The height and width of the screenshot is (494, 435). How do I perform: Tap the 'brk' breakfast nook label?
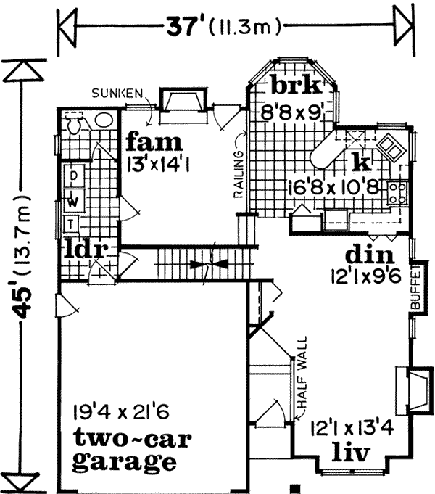point(296,86)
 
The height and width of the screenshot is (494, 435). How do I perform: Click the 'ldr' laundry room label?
point(85,250)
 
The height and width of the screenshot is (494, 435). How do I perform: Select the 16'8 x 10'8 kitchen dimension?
point(333,186)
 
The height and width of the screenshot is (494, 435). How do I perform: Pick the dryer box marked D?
point(72,174)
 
